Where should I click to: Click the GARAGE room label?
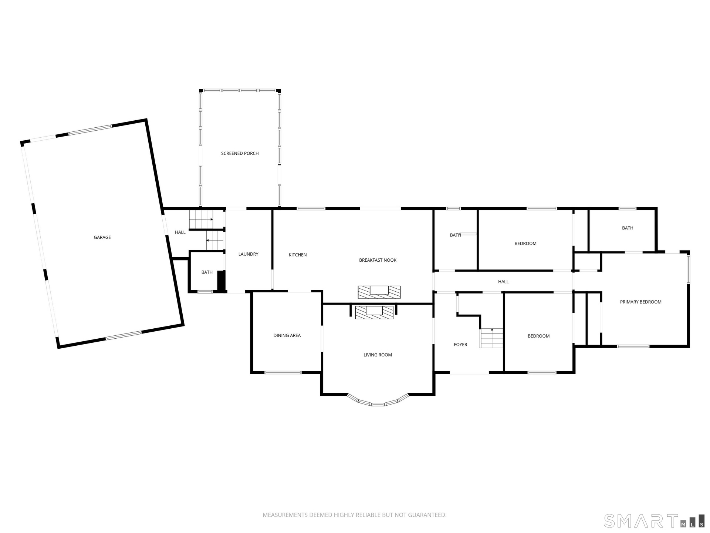(102, 237)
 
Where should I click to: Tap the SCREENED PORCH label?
(240, 153)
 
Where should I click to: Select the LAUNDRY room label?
(248, 254)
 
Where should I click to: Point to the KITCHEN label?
(298, 255)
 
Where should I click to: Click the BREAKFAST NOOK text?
(378, 260)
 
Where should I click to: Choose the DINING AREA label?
(287, 335)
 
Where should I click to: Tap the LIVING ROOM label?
(378, 355)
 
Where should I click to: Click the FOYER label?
(460, 345)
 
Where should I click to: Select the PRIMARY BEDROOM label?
(640, 302)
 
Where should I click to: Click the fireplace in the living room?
(374, 312)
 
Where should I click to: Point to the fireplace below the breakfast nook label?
(379, 292)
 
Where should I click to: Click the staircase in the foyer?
(491, 338)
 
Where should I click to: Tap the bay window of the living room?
(378, 402)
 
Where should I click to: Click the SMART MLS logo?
(654, 521)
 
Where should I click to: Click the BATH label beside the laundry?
(207, 272)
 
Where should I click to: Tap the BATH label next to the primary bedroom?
(628, 228)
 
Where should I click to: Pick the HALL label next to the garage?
(180, 232)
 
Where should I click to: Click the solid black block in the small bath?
(221, 281)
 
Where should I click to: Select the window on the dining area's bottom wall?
(283, 372)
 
